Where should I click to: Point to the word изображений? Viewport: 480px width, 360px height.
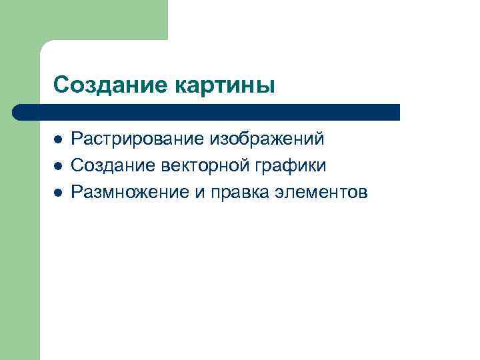[268, 140]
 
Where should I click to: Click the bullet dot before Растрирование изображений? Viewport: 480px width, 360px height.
[58, 140]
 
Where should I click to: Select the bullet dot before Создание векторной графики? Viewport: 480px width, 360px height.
[58, 166]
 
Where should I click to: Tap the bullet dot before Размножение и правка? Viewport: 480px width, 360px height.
[58, 192]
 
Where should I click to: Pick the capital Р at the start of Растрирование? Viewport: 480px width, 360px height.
[76, 140]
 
